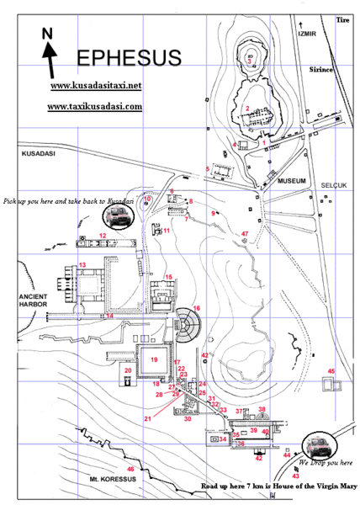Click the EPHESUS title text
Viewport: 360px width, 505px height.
(x=129, y=58)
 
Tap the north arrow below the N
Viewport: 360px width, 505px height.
(x=50, y=62)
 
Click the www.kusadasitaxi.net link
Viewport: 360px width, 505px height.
(x=94, y=87)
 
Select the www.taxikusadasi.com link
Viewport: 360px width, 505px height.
(x=94, y=108)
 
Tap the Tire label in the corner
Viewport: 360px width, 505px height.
(x=341, y=19)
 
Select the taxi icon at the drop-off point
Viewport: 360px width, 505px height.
(x=317, y=444)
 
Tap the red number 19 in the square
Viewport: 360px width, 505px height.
(x=154, y=359)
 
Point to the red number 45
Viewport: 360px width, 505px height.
(x=331, y=371)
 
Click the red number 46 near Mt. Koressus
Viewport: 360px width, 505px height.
(x=130, y=469)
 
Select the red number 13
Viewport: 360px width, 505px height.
(x=82, y=266)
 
